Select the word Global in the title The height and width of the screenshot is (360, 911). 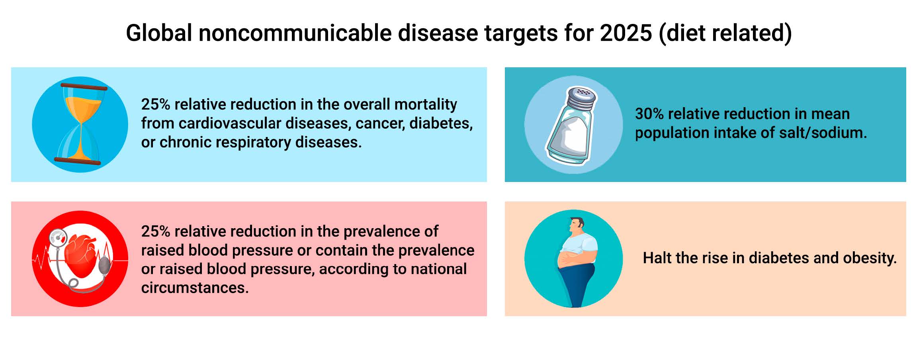159,33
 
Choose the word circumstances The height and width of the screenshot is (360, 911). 195,288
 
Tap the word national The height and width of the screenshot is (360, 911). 439,269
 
